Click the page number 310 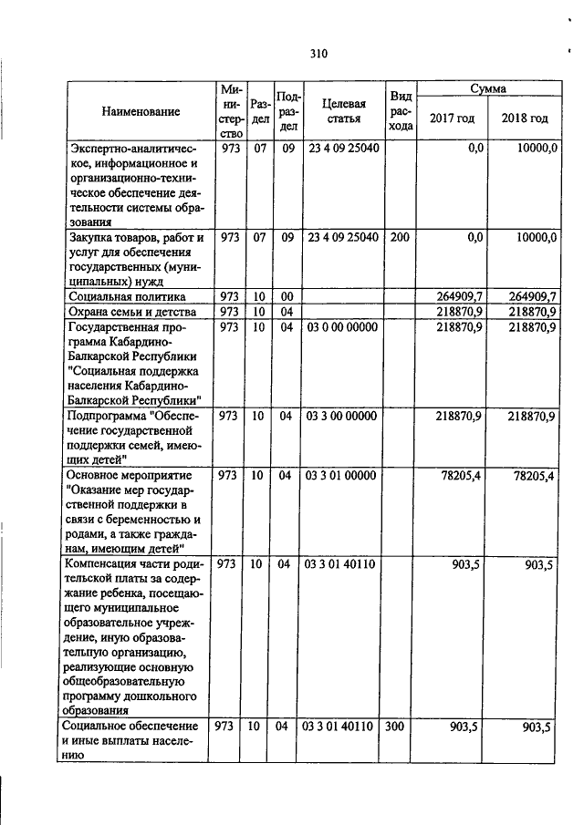[x=318, y=54]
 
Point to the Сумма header [x=488, y=89]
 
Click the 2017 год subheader [x=452, y=119]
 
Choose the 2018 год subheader [x=525, y=119]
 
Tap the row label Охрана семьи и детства [x=127, y=312]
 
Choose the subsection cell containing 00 [x=286, y=296]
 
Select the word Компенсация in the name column [x=96, y=563]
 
